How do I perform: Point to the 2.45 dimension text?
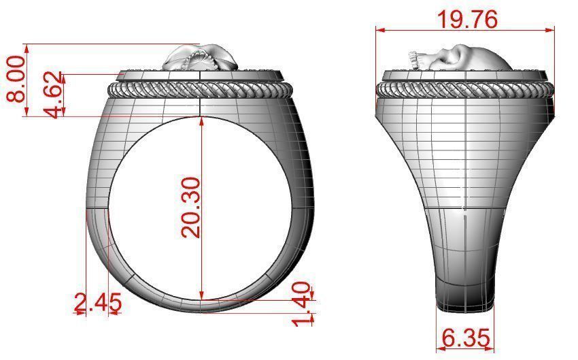pyautogui.click(x=98, y=302)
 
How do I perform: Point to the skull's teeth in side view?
pyautogui.click(x=413, y=61)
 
